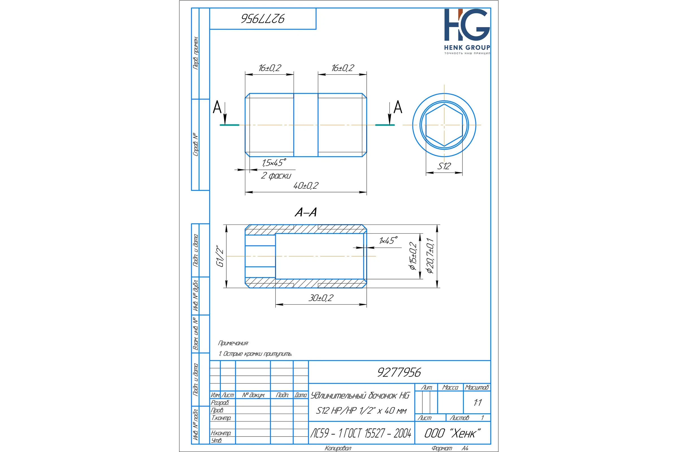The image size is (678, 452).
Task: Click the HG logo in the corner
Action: click(467, 31)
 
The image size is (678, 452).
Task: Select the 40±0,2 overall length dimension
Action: click(306, 186)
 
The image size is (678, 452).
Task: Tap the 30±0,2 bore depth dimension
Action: click(321, 298)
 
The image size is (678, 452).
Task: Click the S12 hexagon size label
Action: click(444, 166)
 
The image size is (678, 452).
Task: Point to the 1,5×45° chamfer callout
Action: click(274, 163)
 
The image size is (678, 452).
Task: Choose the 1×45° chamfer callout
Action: click(388, 240)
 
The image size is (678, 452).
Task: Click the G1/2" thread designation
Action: click(220, 256)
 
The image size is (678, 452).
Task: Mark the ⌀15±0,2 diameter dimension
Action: click(413, 256)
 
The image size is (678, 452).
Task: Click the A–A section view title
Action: click(306, 212)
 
